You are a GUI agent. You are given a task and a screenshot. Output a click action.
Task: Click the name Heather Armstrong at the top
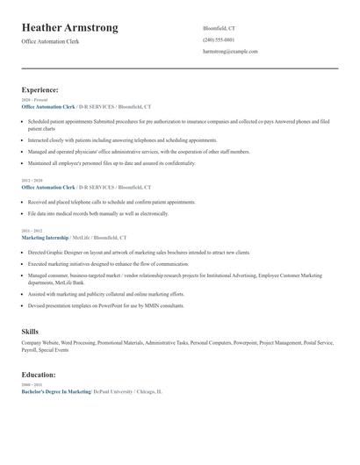coord(69,28)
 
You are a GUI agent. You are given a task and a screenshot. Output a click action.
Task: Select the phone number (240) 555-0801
coord(219,39)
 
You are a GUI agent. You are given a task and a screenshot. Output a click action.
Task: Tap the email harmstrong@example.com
coord(230,52)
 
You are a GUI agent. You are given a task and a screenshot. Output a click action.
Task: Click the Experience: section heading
coord(40,89)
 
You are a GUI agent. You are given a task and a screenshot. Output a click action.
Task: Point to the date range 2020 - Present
coord(33,100)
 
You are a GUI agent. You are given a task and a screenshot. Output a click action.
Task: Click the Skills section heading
coord(30,331)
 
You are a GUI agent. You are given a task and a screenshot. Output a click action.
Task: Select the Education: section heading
coord(39,375)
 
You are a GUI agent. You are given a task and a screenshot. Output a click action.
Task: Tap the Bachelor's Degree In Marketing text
coord(56,391)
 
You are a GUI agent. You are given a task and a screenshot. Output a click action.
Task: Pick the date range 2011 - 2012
coord(32,231)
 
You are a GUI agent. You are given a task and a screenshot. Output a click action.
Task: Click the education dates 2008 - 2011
coord(32,385)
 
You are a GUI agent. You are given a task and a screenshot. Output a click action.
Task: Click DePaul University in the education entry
coord(112,391)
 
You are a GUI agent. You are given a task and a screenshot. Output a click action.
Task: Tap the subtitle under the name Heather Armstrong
coord(50,41)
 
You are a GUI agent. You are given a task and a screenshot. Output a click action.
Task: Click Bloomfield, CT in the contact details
coord(219,28)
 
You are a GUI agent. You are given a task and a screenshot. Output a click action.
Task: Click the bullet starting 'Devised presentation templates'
coord(106,305)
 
